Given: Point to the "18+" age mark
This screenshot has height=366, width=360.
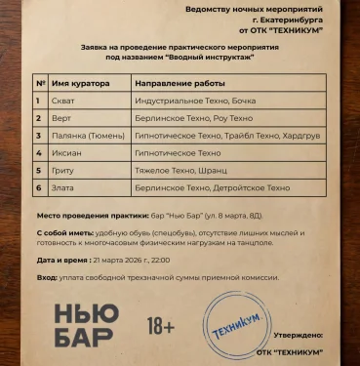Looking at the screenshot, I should [161, 323].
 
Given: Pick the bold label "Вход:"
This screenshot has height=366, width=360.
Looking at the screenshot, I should [47, 278].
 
